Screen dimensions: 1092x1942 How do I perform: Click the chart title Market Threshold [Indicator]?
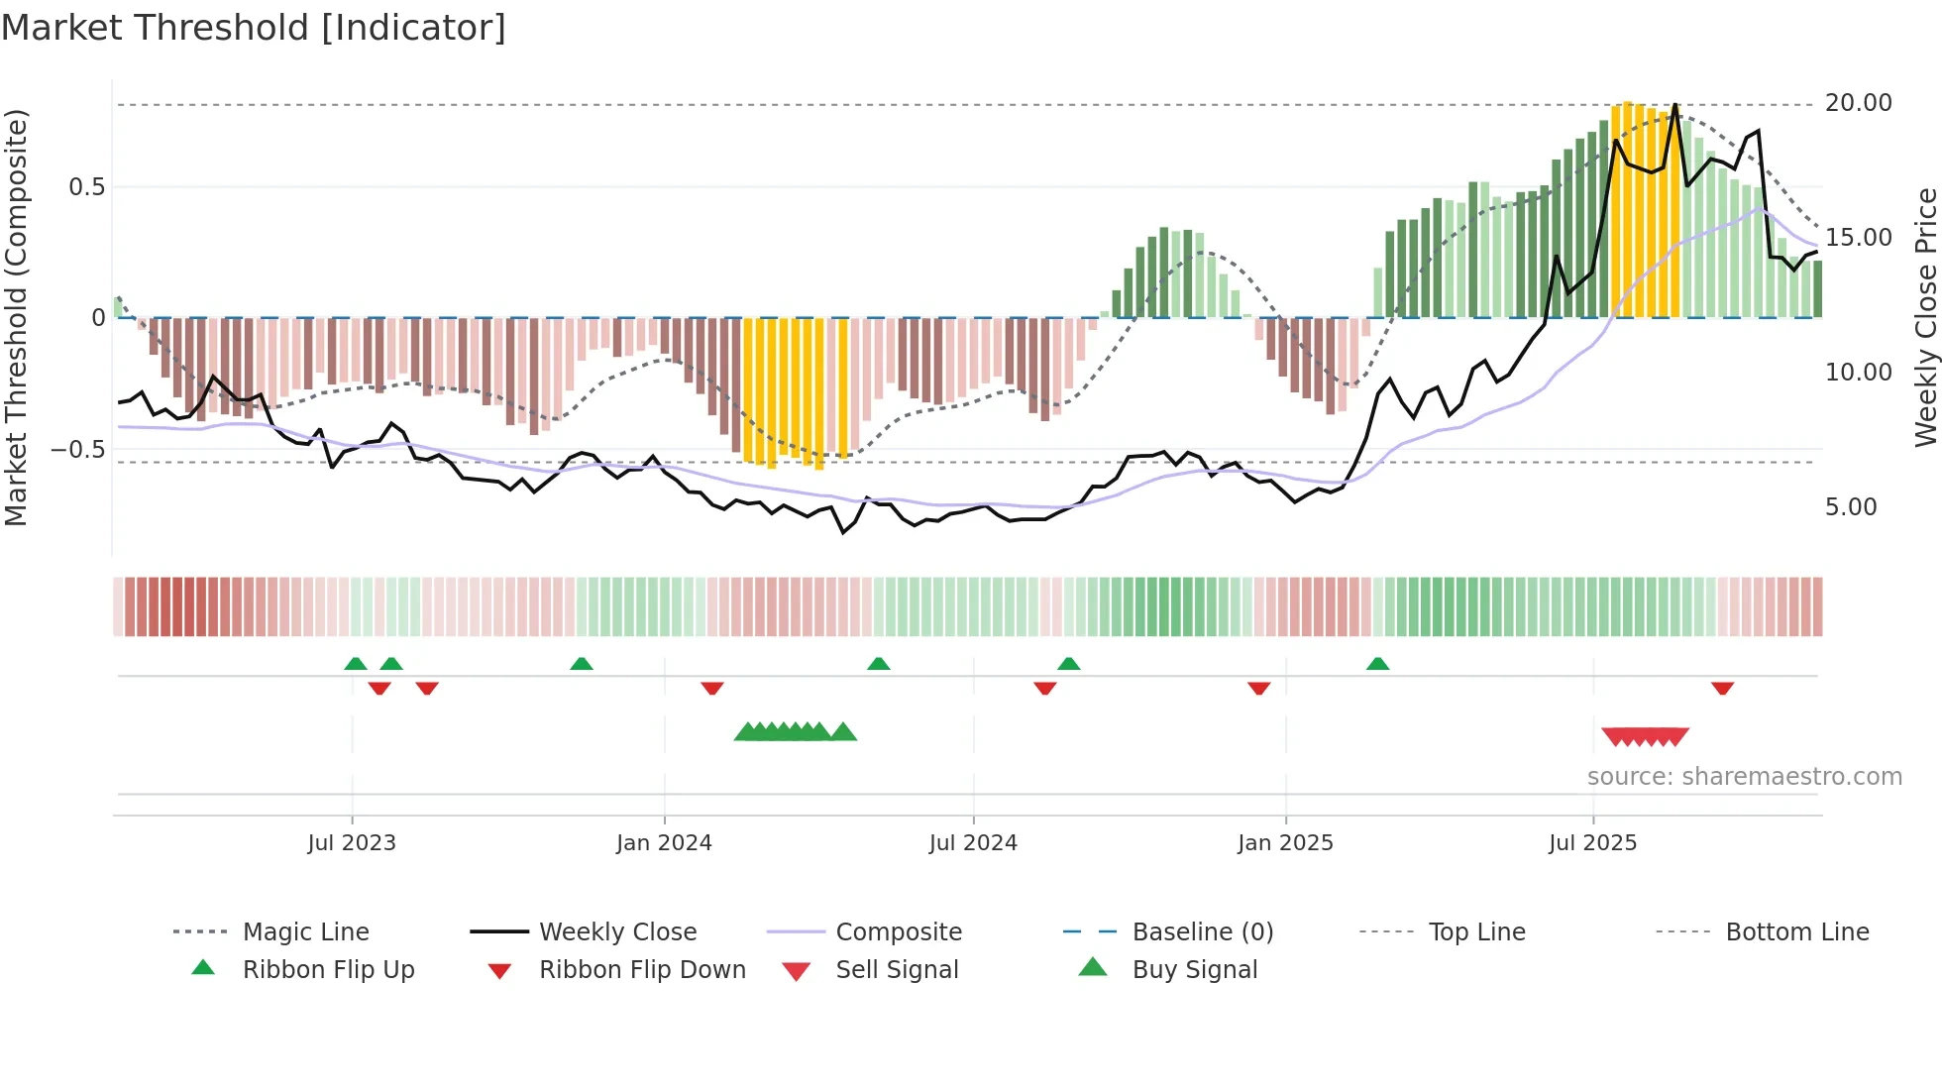pyautogui.click(x=254, y=28)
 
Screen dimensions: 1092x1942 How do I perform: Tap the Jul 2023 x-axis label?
pyautogui.click(x=351, y=843)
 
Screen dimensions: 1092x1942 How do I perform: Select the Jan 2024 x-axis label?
pyautogui.click(x=663, y=843)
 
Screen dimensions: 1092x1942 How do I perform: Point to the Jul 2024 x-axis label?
pyautogui.click(x=972, y=843)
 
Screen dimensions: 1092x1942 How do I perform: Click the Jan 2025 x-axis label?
pyautogui.click(x=1285, y=843)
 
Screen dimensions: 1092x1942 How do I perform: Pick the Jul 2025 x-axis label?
pyautogui.click(x=1592, y=843)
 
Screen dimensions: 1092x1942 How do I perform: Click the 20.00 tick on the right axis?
pyautogui.click(x=1858, y=103)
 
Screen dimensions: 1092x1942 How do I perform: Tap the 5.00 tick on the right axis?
pyautogui.click(x=1850, y=507)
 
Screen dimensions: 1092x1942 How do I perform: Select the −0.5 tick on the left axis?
pyautogui.click(x=77, y=450)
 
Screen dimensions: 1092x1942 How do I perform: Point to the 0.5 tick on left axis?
pyautogui.click(x=86, y=187)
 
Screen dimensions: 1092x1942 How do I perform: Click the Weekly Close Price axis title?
pyautogui.click(x=1925, y=317)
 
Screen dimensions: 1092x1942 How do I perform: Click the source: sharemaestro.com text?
pyautogui.click(x=1744, y=777)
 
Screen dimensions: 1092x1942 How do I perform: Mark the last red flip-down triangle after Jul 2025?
pyautogui.click(x=1722, y=688)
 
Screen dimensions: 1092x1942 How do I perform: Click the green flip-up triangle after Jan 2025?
pyautogui.click(x=1377, y=664)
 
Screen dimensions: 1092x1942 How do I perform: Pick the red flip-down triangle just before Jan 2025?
pyautogui.click(x=1258, y=688)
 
